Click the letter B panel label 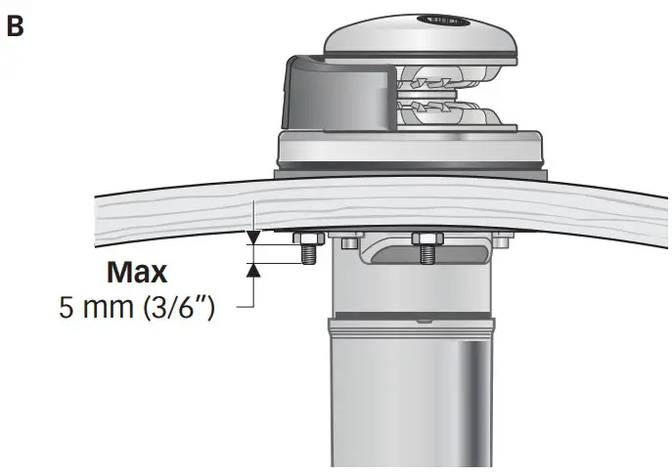(x=15, y=25)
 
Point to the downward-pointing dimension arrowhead (x=253, y=236)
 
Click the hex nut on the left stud (x=306, y=240)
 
